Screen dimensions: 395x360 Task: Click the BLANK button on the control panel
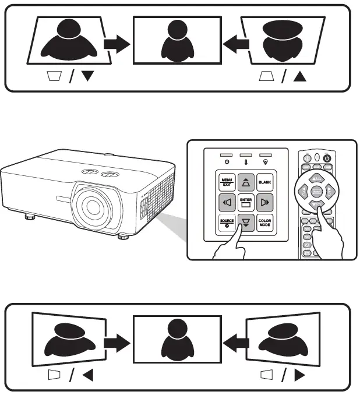pos(266,182)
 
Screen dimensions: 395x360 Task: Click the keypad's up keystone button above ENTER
pos(245,182)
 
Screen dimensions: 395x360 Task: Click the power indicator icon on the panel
pos(226,157)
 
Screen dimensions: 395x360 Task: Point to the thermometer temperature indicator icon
pos(246,157)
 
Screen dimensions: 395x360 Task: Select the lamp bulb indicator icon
pos(266,157)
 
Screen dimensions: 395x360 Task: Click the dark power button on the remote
pos(327,157)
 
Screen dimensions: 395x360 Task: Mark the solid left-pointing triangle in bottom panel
pos(88,376)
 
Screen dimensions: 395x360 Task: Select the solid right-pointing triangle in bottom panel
pos(301,376)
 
